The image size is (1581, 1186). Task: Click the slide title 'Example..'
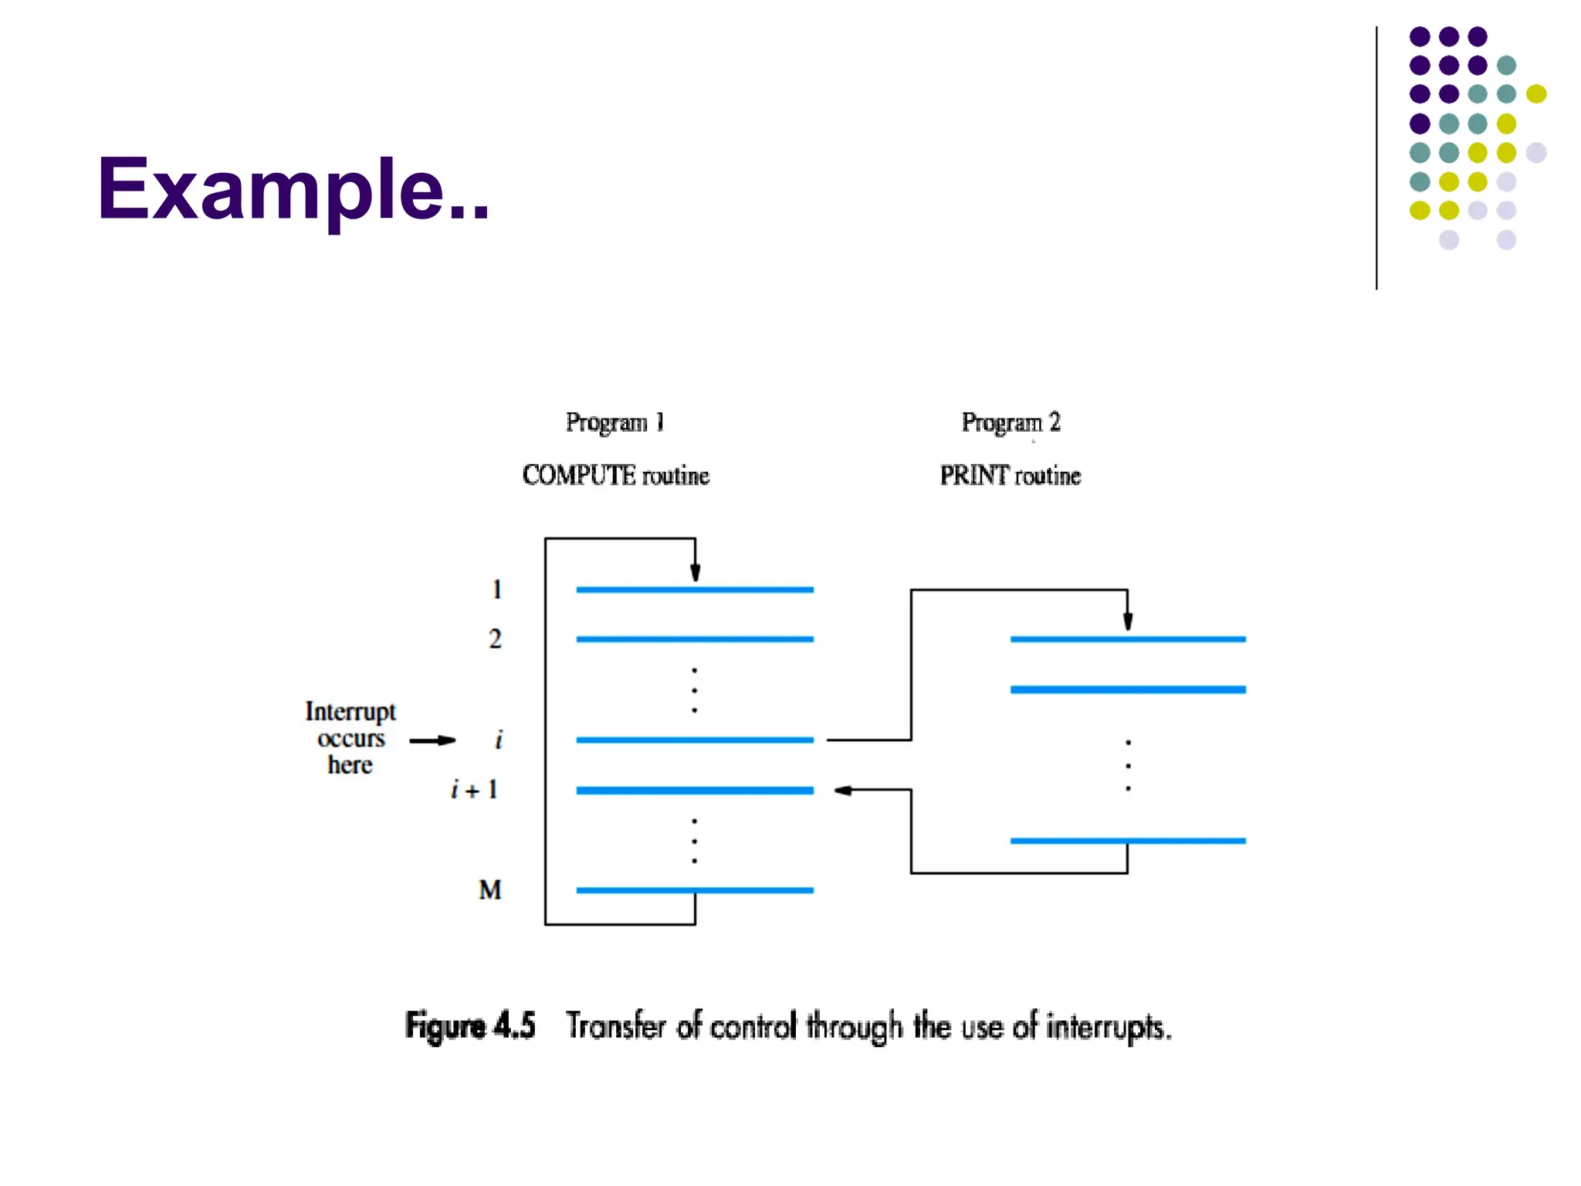(x=293, y=189)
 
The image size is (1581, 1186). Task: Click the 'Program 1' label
(x=614, y=422)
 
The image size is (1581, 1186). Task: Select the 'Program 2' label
(x=1011, y=422)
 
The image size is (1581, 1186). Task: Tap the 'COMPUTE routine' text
(x=615, y=475)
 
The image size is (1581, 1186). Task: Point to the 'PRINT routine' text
(x=1010, y=475)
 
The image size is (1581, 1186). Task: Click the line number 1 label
(x=497, y=590)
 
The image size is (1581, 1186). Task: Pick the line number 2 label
(x=495, y=639)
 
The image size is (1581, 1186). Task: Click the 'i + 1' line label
(x=475, y=790)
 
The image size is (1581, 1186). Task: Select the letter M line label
(x=490, y=890)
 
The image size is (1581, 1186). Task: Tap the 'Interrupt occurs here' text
(x=350, y=738)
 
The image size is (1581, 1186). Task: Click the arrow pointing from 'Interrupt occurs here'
(x=432, y=740)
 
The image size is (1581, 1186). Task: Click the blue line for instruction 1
(x=695, y=590)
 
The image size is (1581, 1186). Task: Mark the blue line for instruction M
(x=695, y=890)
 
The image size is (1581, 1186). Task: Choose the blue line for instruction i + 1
(x=695, y=791)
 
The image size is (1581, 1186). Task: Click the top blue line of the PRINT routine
(x=1128, y=639)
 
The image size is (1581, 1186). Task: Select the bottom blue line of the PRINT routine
(x=1128, y=841)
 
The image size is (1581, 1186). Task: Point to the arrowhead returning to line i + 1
(x=843, y=790)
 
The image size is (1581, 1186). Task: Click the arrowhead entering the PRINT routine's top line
(x=1128, y=622)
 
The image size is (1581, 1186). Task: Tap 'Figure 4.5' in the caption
(x=470, y=1026)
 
